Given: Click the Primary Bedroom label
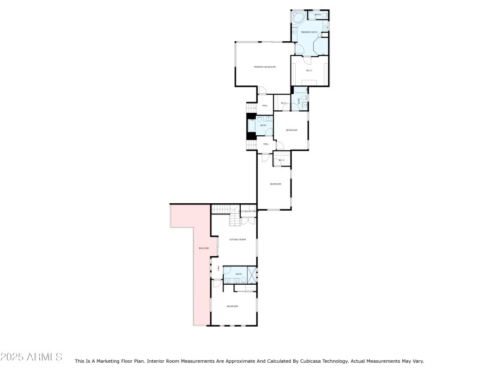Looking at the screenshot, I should click(x=264, y=67).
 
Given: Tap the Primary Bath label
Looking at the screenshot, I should click(x=309, y=32).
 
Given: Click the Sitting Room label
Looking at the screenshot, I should click(x=238, y=239).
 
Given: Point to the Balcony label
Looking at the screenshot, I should click(x=203, y=248).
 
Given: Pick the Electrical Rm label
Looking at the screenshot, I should click(x=247, y=212).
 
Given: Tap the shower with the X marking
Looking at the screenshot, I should click(x=252, y=274).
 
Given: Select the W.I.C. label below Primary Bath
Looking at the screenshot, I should click(x=309, y=70).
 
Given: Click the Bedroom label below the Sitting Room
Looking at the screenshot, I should click(x=233, y=306).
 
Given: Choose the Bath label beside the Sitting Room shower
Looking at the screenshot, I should click(x=238, y=274).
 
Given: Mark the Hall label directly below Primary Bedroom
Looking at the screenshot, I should click(x=264, y=106).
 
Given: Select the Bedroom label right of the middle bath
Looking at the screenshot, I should click(x=291, y=130).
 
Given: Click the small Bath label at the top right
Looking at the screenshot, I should click(x=317, y=15).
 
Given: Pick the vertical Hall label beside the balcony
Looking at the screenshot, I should click(x=218, y=269).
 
